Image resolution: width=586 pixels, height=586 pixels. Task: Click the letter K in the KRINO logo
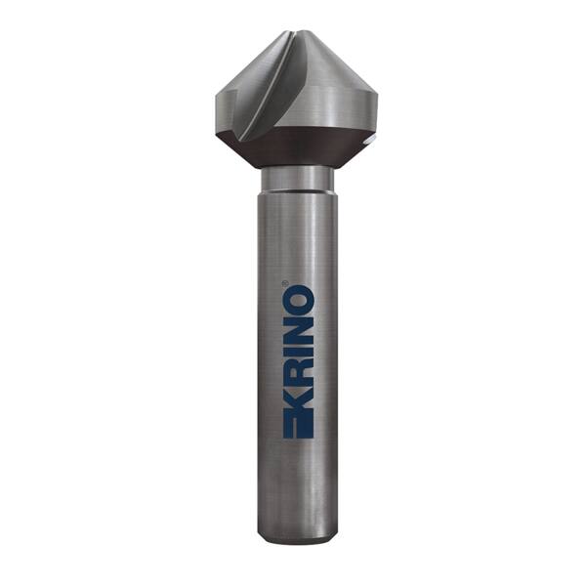tap(298, 402)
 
